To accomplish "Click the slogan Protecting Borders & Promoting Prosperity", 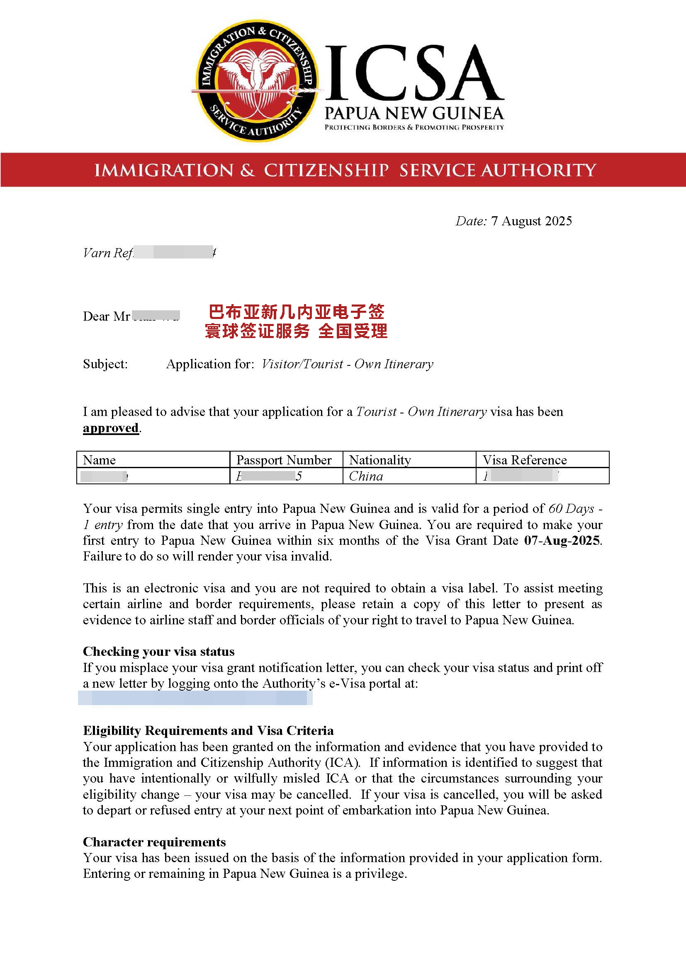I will [414, 127].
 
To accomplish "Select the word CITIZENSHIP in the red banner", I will [326, 170].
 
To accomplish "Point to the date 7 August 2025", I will [531, 221].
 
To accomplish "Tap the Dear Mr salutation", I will [106, 316].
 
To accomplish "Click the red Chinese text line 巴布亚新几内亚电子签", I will [296, 312].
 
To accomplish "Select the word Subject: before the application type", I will [105, 364].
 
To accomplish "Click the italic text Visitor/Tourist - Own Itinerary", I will [347, 364].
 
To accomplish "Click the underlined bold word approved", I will [111, 428].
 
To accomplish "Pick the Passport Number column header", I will [284, 459].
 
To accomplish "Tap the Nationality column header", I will [380, 459].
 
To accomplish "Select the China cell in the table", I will [366, 476].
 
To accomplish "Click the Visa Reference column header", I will [525, 459].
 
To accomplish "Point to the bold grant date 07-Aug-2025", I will [562, 541].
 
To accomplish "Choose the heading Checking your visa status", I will [158, 651].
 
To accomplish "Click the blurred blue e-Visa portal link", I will [195, 698].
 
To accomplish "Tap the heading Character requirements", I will [154, 842].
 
